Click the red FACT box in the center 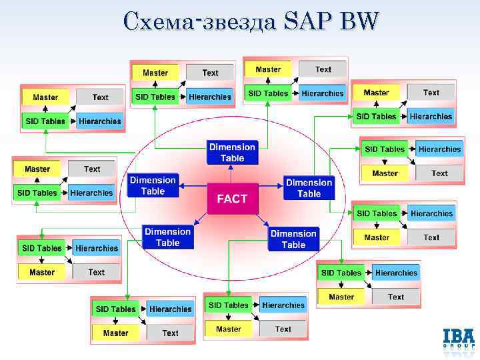pyautogui.click(x=232, y=198)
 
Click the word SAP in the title pyautogui.click(x=309, y=23)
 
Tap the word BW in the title pyautogui.click(x=359, y=23)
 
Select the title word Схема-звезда pyautogui.click(x=200, y=23)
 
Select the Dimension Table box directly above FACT pyautogui.click(x=232, y=153)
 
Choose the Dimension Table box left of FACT pyautogui.click(x=153, y=185)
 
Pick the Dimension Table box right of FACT pyautogui.click(x=309, y=187)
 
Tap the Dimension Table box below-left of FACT pyautogui.click(x=167, y=237)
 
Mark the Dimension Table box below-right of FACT pyautogui.click(x=293, y=239)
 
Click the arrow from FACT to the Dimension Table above pyautogui.click(x=232, y=173)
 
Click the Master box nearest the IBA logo pyautogui.click(x=341, y=297)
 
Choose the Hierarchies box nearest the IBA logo pyautogui.click(x=396, y=273)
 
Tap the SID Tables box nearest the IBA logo pyautogui.click(x=341, y=273)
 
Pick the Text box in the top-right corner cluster pyautogui.click(x=431, y=93)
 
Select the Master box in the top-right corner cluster pyautogui.click(x=376, y=93)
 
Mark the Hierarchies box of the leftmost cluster pyautogui.click(x=91, y=193)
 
